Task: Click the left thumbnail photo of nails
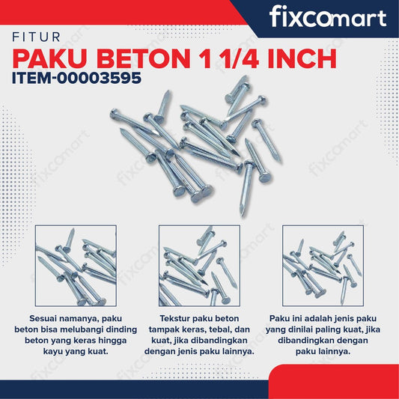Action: point(76,265)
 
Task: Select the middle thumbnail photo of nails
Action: point(199,265)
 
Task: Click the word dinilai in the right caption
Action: point(306,329)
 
